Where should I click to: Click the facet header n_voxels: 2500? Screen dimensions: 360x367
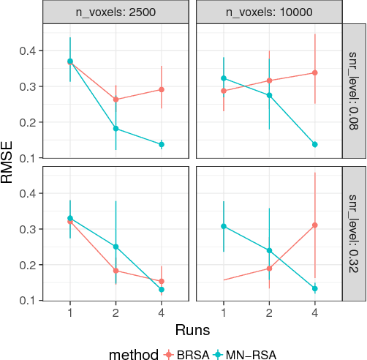pyautogui.click(x=116, y=12)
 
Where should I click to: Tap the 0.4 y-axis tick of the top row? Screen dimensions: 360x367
pyautogui.click(x=31, y=50)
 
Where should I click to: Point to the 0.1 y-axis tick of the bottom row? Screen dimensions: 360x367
pyautogui.click(x=31, y=300)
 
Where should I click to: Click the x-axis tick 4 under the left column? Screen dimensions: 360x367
pyautogui.click(x=161, y=312)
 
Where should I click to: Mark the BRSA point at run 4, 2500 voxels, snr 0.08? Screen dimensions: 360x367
pyautogui.click(x=161, y=89)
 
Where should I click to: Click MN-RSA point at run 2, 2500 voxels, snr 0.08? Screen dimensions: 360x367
pyautogui.click(x=116, y=128)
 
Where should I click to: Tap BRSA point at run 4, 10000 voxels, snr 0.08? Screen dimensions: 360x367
pyautogui.click(x=315, y=72)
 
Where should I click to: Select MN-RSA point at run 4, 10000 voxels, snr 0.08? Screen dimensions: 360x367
pyautogui.click(x=315, y=144)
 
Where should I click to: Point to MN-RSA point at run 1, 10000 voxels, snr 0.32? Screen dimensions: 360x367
pyautogui.click(x=224, y=226)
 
